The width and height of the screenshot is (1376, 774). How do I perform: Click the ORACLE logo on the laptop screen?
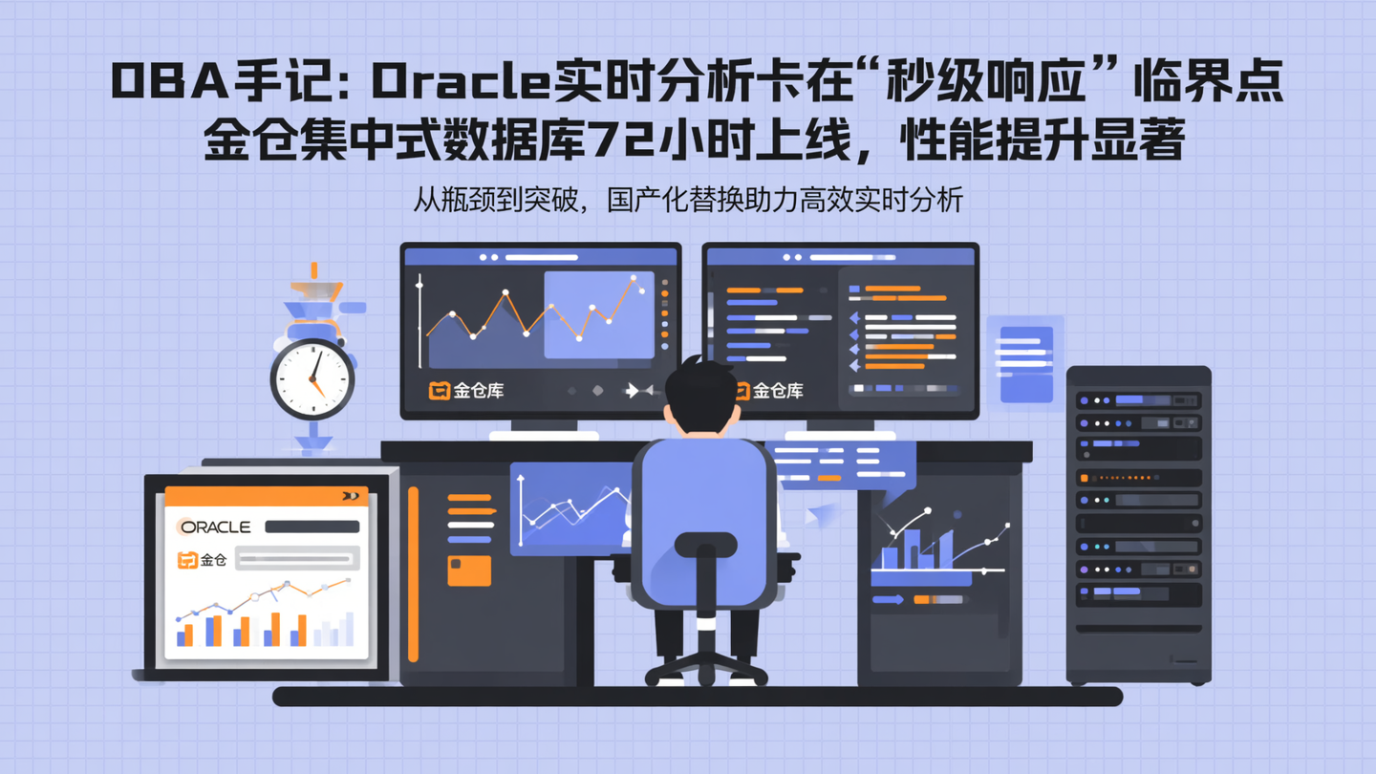pyautogui.click(x=216, y=527)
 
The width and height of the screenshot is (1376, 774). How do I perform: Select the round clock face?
pyautogui.click(x=312, y=379)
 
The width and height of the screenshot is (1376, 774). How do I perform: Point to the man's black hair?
pyautogui.click(x=702, y=387)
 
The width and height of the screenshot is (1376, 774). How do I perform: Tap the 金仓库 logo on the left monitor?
pyautogui.click(x=467, y=390)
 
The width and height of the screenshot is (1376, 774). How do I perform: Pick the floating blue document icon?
pyautogui.click(x=1025, y=363)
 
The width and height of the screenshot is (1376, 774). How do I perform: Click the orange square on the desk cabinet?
pyautogui.click(x=469, y=570)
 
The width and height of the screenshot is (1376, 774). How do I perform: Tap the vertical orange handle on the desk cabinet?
pyautogui.click(x=413, y=573)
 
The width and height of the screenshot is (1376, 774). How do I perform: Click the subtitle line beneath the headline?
pyautogui.click(x=688, y=200)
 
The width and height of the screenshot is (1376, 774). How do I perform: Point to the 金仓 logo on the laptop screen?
pyautogui.click(x=204, y=560)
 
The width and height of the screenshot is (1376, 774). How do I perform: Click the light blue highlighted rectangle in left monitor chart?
pyautogui.click(x=599, y=314)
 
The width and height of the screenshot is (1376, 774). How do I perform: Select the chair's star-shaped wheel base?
pyautogui.click(x=705, y=666)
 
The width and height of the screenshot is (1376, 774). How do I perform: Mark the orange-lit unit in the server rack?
pyautogui.click(x=1138, y=476)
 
